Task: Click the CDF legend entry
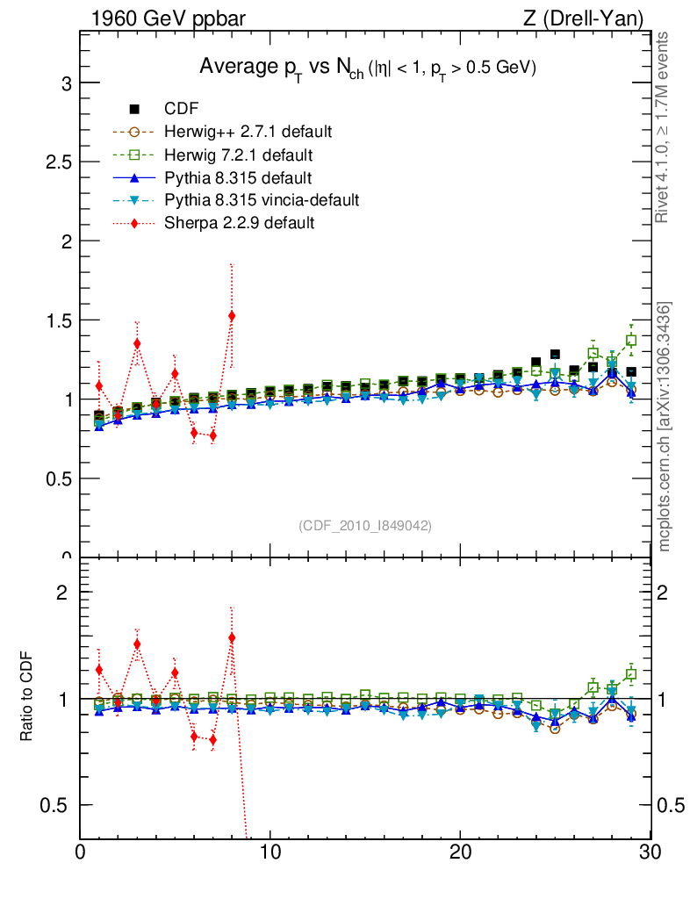tap(181, 109)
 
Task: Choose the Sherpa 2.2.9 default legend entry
tap(239, 223)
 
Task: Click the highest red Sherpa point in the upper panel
tap(232, 315)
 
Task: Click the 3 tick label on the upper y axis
tap(65, 83)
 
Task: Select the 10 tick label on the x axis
tap(270, 852)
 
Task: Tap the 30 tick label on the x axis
tap(650, 852)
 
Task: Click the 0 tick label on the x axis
tap(81, 852)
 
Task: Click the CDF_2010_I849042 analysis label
tap(365, 525)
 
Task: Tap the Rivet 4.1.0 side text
tap(665, 127)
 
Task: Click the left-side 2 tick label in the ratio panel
tap(62, 592)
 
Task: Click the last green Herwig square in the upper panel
tap(631, 340)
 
